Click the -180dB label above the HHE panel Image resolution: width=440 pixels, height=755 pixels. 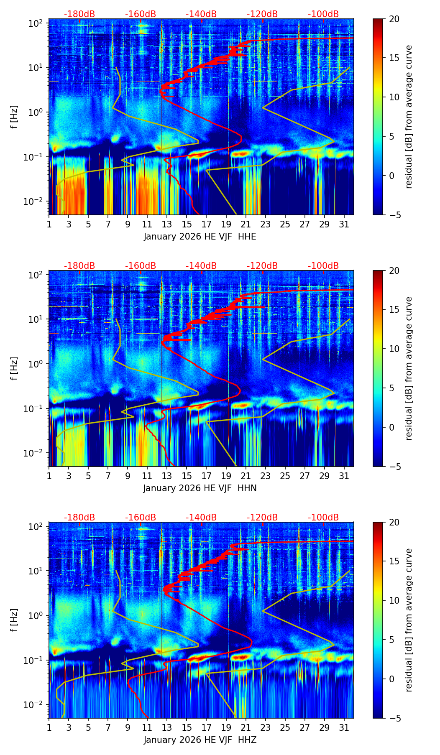pos(79,14)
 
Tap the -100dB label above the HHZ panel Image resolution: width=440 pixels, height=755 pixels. pos(323,518)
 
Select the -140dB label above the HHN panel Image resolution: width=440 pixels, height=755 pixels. pos(201,266)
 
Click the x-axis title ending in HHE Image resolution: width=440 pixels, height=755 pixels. pos(200,237)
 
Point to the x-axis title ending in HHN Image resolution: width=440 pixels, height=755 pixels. pos(200,488)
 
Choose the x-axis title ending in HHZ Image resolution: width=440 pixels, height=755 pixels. pos(200,740)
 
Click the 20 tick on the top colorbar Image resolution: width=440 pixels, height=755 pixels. pos(394,19)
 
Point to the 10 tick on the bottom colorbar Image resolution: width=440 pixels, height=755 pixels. pos(394,601)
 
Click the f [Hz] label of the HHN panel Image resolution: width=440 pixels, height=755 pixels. pos(14,368)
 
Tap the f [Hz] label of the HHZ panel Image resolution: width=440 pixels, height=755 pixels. pos(14,620)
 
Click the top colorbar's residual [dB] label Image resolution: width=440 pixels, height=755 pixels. pos(409,117)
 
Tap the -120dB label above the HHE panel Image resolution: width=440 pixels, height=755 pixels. pos(262,14)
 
